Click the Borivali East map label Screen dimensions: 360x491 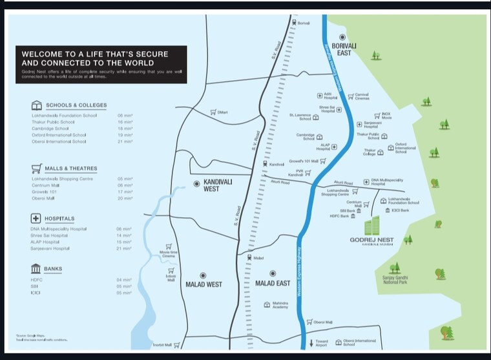tap(344, 49)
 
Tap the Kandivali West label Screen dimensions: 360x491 tap(217, 185)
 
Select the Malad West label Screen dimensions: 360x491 tap(204, 284)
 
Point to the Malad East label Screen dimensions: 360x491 tap(273, 284)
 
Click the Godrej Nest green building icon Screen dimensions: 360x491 tap(371, 226)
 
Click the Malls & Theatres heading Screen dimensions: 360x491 tap(70, 169)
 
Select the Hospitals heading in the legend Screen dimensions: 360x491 tap(59, 219)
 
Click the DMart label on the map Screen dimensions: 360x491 tap(223, 112)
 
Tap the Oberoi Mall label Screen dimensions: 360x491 tap(322, 321)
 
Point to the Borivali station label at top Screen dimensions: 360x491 tap(304, 23)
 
